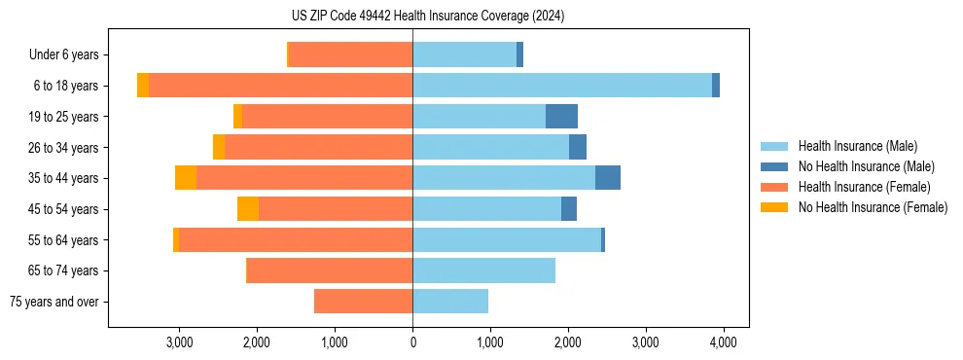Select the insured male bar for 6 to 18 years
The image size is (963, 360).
point(562,86)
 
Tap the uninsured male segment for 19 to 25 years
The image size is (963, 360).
point(561,117)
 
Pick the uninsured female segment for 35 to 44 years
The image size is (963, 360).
point(186,178)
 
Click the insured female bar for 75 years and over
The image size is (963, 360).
point(363,302)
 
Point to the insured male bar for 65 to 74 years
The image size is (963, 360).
point(483,270)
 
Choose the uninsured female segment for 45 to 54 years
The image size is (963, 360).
point(248,209)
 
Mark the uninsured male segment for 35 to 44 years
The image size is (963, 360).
point(608,178)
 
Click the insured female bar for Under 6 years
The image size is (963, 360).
point(350,54)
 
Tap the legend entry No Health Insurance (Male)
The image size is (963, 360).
point(859,166)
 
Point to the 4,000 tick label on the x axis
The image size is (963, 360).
point(723,342)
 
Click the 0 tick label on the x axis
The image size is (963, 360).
point(412,342)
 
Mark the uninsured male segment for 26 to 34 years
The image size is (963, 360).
point(578,147)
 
